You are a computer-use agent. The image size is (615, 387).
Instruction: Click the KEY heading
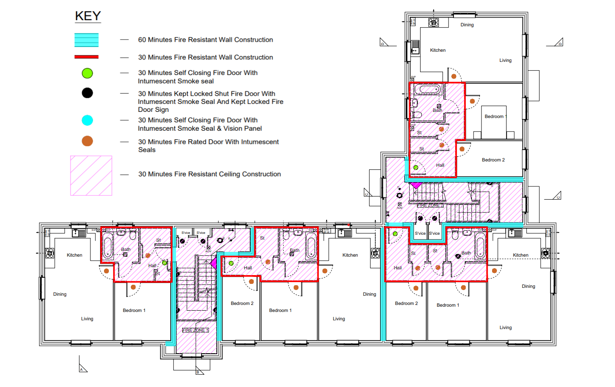click(x=88, y=16)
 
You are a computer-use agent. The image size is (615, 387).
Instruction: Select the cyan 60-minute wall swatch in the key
click(x=86, y=40)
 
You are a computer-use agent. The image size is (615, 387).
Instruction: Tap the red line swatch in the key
click(x=86, y=57)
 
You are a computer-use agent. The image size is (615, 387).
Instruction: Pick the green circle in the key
click(x=87, y=73)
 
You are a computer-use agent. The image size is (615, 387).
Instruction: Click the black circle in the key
click(x=87, y=93)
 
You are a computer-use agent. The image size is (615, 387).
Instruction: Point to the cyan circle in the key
click(x=87, y=120)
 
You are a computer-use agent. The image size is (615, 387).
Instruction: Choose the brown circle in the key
click(x=87, y=141)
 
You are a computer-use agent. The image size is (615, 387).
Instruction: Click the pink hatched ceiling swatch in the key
click(x=91, y=176)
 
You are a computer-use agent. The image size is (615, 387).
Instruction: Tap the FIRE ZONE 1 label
click(x=195, y=330)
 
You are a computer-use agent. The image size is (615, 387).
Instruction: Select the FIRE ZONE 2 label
click(x=430, y=205)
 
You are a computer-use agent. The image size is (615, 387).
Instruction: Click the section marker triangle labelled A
click(x=83, y=367)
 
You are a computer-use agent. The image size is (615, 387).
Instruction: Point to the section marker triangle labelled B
click(x=200, y=370)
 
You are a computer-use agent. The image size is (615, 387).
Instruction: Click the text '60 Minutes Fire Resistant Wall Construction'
click(x=205, y=40)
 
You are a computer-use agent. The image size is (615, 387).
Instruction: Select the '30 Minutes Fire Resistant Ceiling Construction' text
click(x=209, y=174)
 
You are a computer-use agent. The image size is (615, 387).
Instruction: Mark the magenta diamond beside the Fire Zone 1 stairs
click(x=213, y=263)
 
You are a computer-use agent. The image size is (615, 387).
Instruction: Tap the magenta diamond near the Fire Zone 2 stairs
click(x=416, y=185)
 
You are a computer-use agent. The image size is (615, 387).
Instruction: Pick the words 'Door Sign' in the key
click(x=153, y=110)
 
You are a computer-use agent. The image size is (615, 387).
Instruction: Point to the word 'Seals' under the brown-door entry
click(x=147, y=150)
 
